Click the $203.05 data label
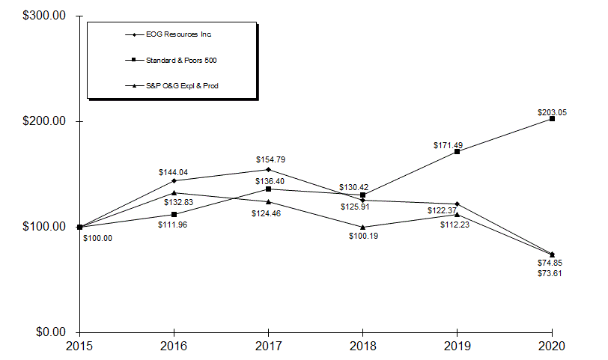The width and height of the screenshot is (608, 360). pyautogui.click(x=552, y=112)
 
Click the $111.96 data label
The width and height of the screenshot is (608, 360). pyautogui.click(x=174, y=225)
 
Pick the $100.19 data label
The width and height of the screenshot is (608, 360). pyautogui.click(x=364, y=236)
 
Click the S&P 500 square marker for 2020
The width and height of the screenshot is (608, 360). pyautogui.click(x=552, y=119)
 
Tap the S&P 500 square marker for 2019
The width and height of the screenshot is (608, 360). pyautogui.click(x=457, y=152)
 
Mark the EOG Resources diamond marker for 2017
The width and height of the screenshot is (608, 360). pyautogui.click(x=268, y=169)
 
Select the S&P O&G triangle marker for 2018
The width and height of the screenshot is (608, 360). pyautogui.click(x=362, y=227)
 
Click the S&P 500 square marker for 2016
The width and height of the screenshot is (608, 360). pyautogui.click(x=174, y=214)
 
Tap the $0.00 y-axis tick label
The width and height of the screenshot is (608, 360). pyautogui.click(x=49, y=332)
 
